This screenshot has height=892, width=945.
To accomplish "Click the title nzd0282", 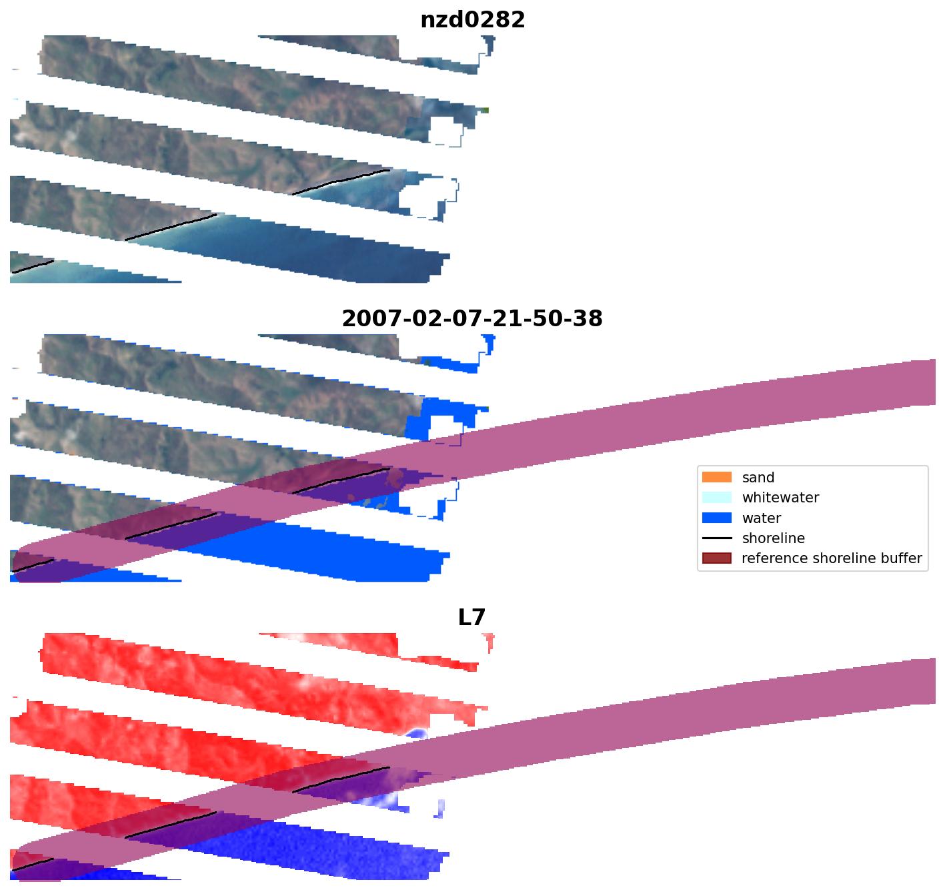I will point(472,20).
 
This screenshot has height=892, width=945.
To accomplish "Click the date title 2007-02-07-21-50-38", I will point(472,319).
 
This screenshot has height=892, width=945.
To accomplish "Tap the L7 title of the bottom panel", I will point(471,618).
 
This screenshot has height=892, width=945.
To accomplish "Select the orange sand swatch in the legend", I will point(716,477).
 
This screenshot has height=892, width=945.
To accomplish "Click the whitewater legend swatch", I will point(716,498).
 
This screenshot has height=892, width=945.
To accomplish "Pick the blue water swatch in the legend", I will point(716,518).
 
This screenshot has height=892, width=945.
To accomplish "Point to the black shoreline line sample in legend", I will point(716,538).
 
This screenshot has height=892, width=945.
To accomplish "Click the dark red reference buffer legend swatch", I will point(716,558).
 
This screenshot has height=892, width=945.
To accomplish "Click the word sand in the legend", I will point(758,478).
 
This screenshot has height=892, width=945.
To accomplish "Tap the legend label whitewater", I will point(780,498).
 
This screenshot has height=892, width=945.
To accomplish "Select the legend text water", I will point(761,518).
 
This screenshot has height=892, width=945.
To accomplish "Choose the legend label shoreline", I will point(773,538).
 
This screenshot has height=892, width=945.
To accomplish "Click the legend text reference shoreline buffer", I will point(832,558).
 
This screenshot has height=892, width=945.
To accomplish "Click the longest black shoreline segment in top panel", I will point(171,228).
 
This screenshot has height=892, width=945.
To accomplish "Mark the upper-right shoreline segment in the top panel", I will point(341,181).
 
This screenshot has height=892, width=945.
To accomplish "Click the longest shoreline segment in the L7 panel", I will point(171,825).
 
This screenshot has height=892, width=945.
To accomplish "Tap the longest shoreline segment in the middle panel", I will point(171,526).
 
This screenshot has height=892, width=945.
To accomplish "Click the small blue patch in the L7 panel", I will point(417,734).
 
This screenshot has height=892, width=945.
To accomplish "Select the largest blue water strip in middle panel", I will point(333,547).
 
